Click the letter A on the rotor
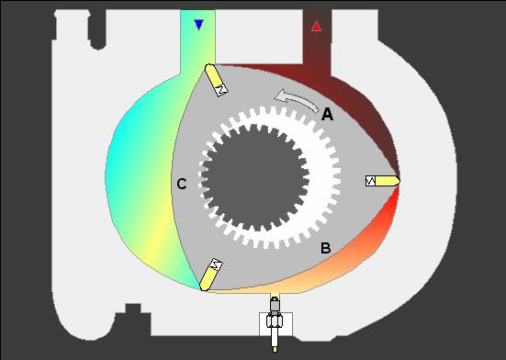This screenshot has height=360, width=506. click(x=327, y=114)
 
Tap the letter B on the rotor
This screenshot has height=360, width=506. click(x=326, y=248)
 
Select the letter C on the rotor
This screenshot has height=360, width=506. click(x=182, y=185)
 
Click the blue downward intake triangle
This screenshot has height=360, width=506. click(x=198, y=25)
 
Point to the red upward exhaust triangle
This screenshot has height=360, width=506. click(x=316, y=26)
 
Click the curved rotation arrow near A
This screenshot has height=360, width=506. click(x=297, y=98)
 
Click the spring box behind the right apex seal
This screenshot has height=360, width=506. click(x=370, y=181)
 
